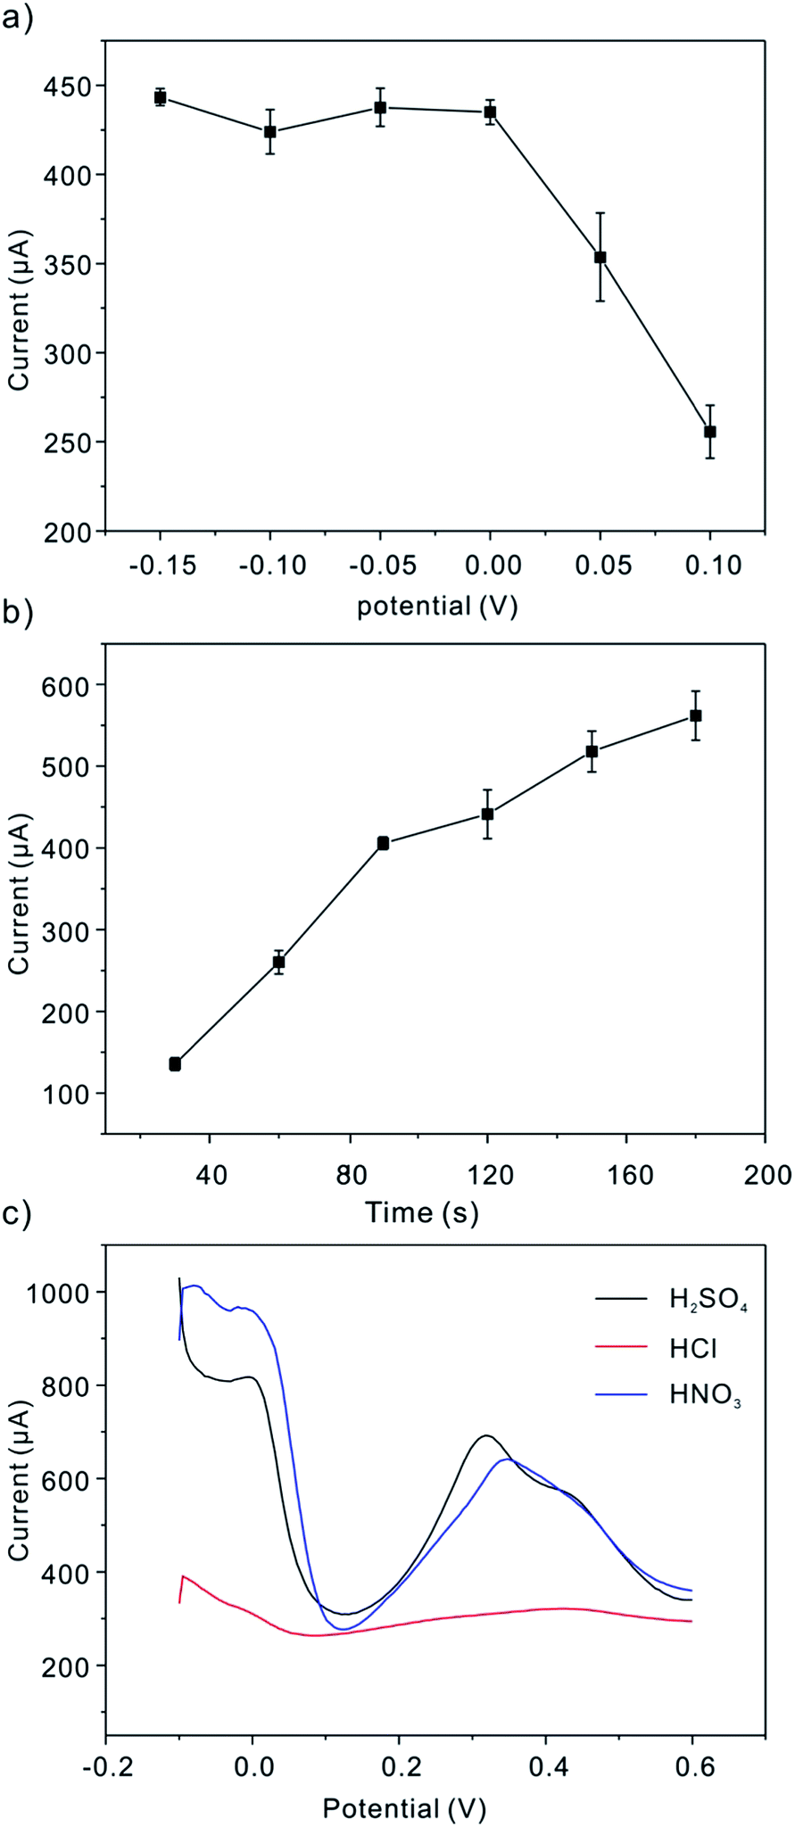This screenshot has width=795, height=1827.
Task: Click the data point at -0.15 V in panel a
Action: (161, 98)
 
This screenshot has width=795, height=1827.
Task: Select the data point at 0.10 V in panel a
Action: (710, 432)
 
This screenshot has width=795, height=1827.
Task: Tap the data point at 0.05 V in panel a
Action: (600, 258)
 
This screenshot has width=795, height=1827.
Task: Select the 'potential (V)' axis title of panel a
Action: (437, 607)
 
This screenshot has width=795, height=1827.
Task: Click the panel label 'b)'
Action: (18, 615)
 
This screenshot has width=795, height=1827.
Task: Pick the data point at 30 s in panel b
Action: (175, 1064)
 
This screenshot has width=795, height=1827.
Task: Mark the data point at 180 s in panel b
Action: (696, 715)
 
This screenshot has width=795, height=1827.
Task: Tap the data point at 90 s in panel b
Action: (383, 843)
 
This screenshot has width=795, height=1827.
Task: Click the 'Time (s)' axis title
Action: (422, 1212)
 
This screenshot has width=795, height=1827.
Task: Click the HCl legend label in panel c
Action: (693, 1349)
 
